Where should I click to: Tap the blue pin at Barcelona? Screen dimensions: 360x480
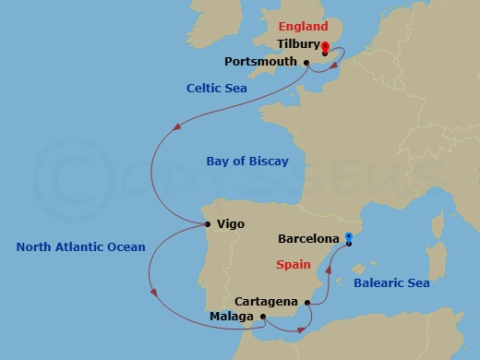pos(348,239)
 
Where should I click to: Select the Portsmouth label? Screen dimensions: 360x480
pos(260,62)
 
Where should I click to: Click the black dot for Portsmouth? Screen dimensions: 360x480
pos(306,63)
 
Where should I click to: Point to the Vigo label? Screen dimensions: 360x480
pos(230,223)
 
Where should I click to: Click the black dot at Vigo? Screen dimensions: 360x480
pos(209,223)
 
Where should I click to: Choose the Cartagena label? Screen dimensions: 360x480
pos(266,301)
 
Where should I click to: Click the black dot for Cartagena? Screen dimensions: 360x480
pos(306,301)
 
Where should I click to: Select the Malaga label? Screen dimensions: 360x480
pos(232,317)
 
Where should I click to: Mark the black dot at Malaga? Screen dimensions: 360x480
pos(263,317)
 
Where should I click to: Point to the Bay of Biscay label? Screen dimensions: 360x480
pos(246,162)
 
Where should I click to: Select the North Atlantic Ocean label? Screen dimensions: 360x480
pos(81,246)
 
